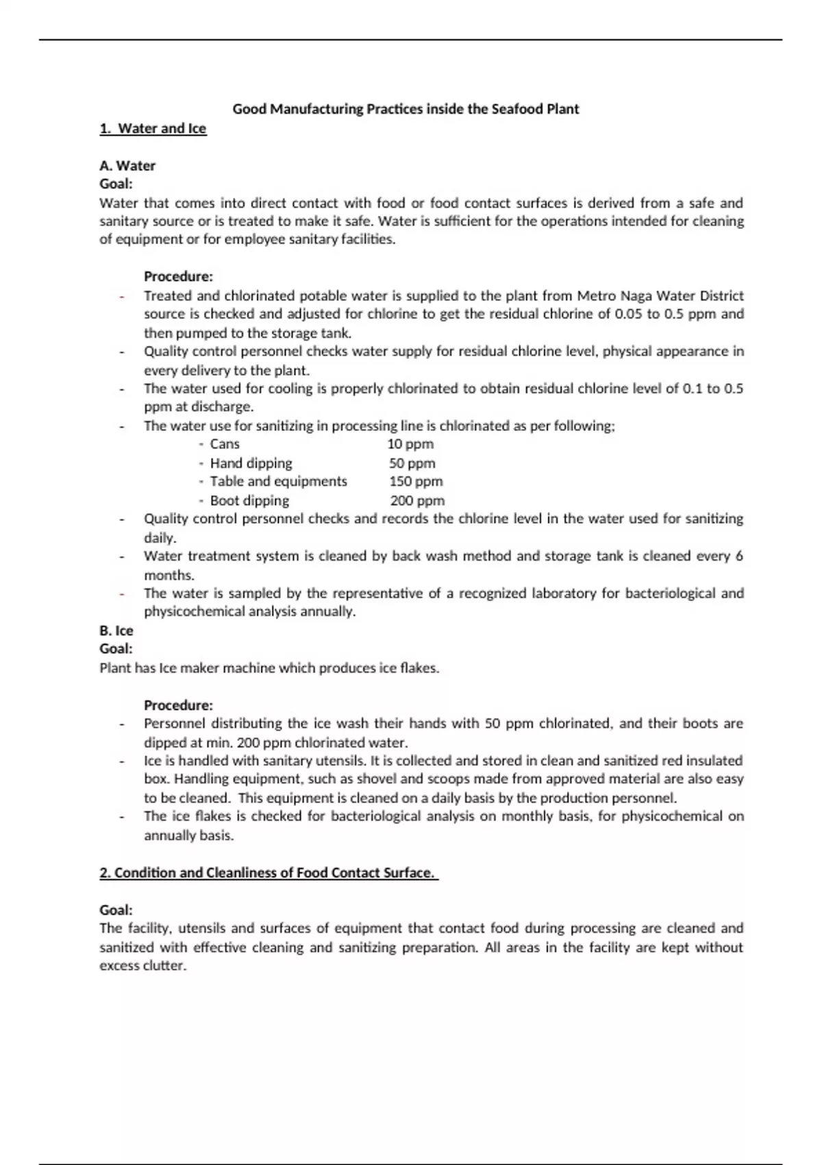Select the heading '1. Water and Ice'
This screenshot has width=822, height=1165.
(153, 129)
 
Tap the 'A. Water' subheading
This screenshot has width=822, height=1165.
(127, 166)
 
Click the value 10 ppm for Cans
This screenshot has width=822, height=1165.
(410, 444)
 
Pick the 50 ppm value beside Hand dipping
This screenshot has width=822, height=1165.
(412, 463)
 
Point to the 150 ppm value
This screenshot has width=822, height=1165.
(416, 482)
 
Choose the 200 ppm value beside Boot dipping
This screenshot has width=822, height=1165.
(417, 501)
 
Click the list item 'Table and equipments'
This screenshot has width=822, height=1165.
(278, 482)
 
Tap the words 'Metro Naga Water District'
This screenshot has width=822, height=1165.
(660, 296)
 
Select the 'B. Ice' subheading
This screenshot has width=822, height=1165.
(116, 630)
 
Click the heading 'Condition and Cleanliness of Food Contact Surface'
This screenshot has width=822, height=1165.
(269, 873)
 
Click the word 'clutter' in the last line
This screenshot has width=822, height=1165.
(164, 966)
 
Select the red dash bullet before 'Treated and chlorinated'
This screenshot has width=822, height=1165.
(122, 297)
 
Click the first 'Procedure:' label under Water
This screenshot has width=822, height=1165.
(178, 277)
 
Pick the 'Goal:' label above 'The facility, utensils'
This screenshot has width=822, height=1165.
(116, 910)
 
